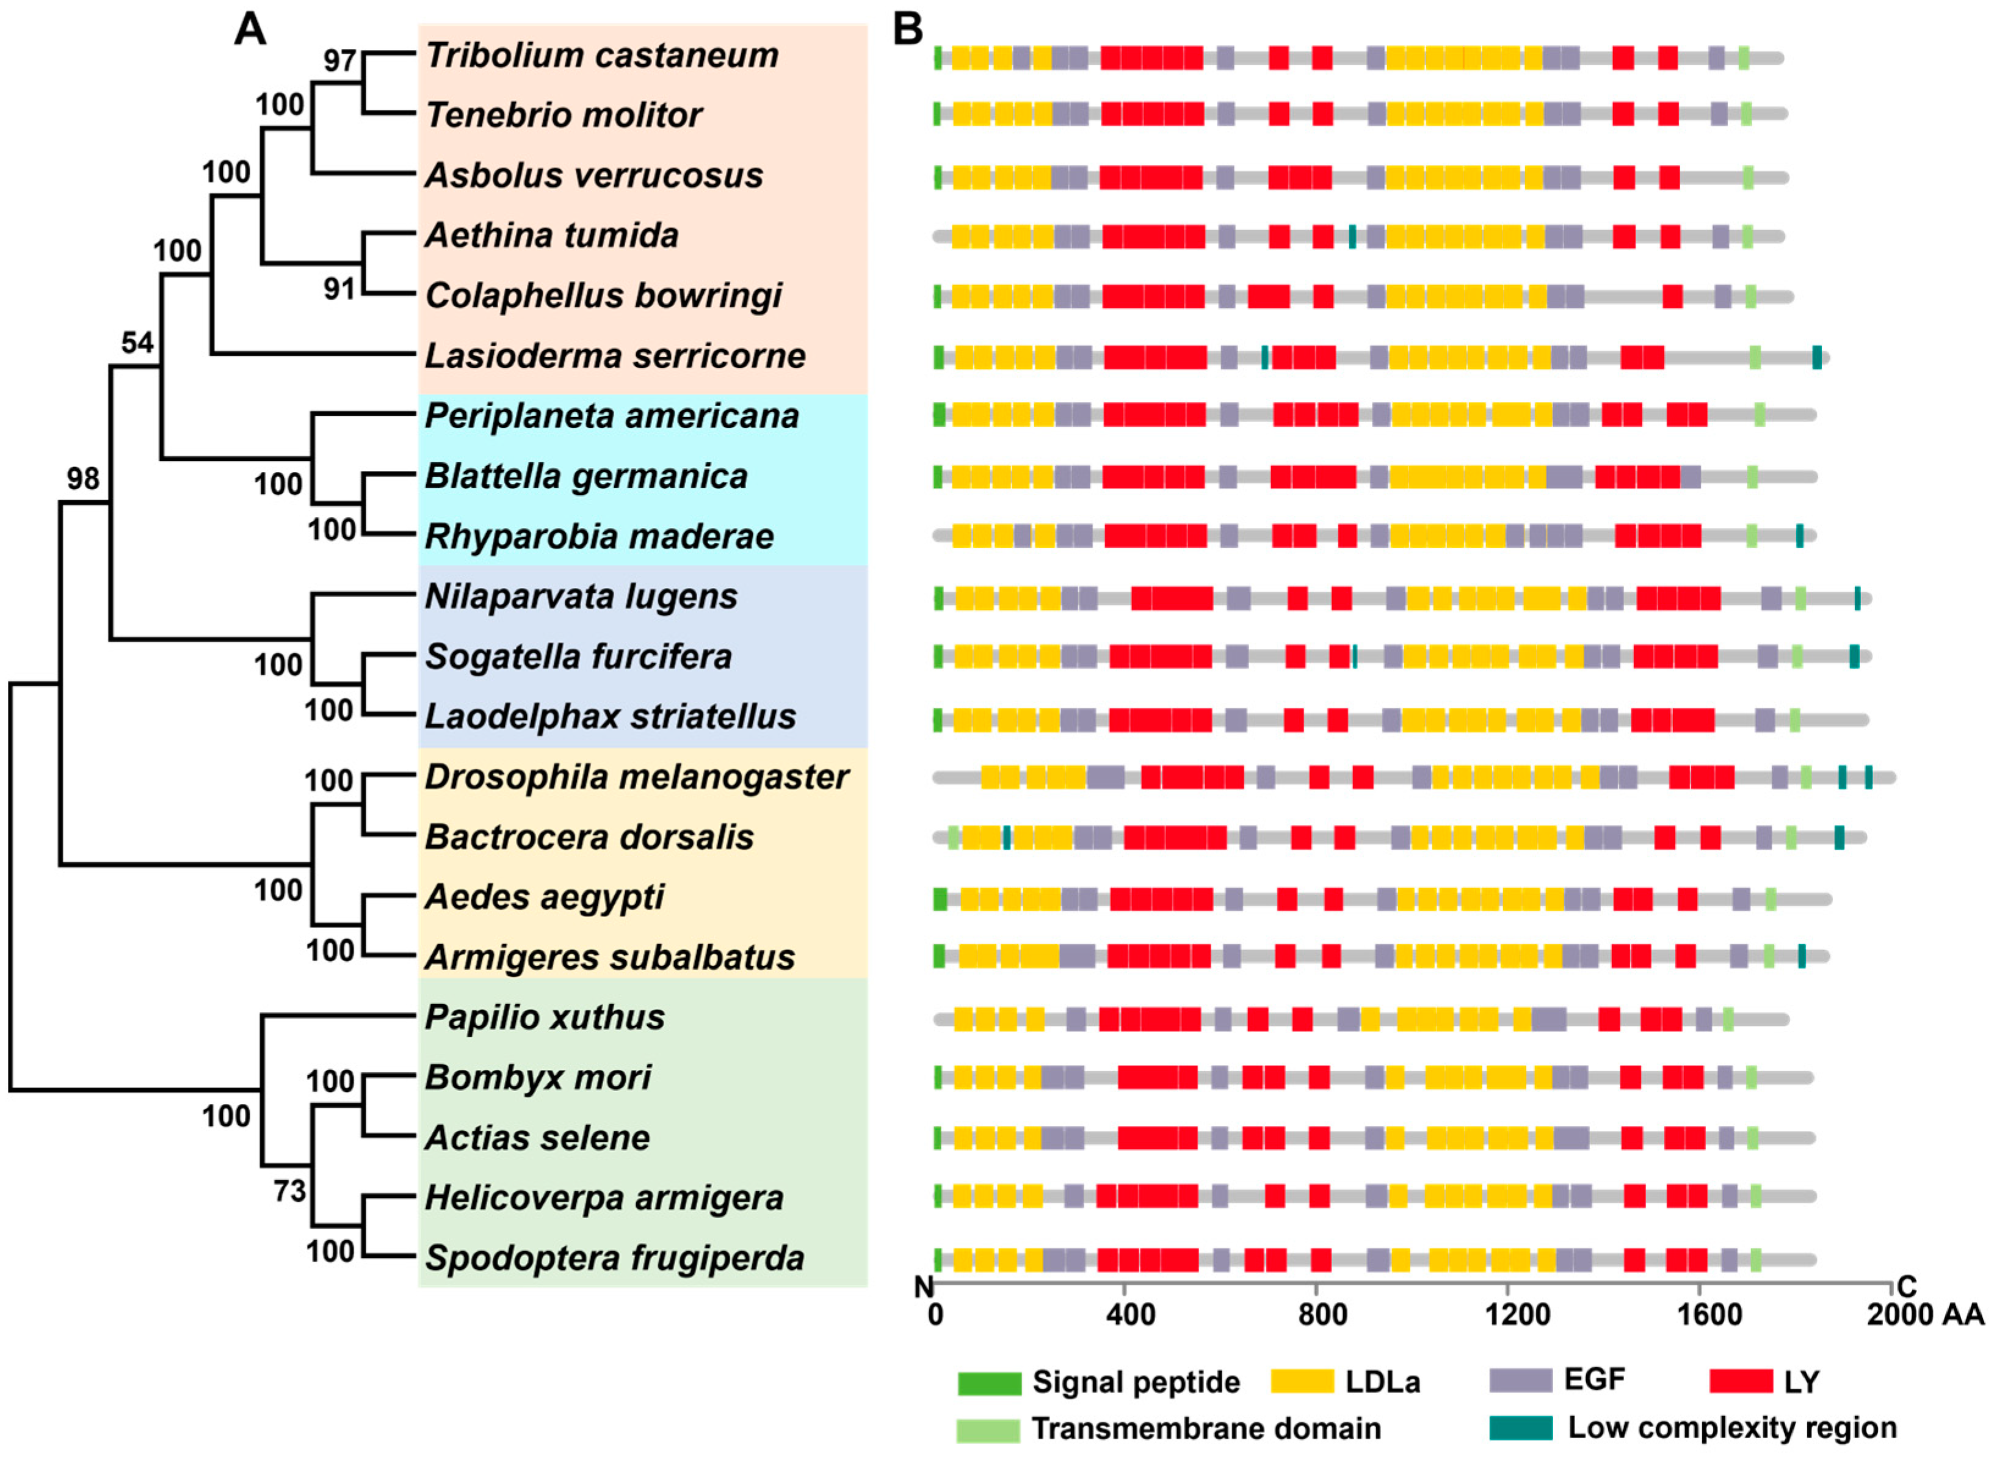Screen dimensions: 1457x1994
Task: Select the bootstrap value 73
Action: pos(289,1191)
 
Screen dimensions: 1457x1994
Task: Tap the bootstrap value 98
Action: pos(83,479)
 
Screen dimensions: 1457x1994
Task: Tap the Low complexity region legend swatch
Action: pos(1520,1428)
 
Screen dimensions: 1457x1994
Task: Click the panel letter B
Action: pos(907,29)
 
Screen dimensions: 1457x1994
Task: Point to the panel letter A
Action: pos(250,29)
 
